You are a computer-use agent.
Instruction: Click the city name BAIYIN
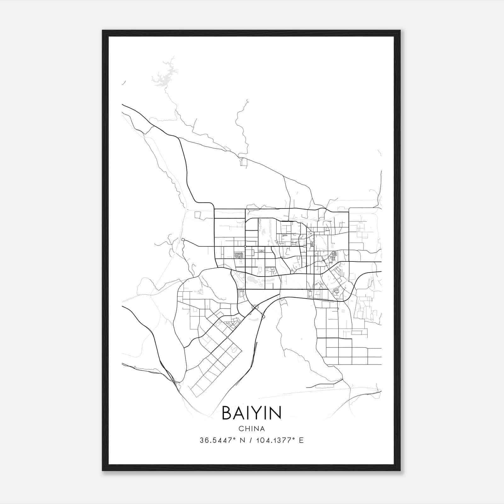(251, 413)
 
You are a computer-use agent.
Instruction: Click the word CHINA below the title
(251, 429)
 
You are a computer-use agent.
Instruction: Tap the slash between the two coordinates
(251, 440)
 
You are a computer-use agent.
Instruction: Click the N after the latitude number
(242, 440)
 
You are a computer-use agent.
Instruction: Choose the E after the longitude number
(301, 440)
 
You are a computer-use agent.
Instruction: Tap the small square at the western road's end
(183, 240)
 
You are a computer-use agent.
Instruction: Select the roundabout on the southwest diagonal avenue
(227, 337)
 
